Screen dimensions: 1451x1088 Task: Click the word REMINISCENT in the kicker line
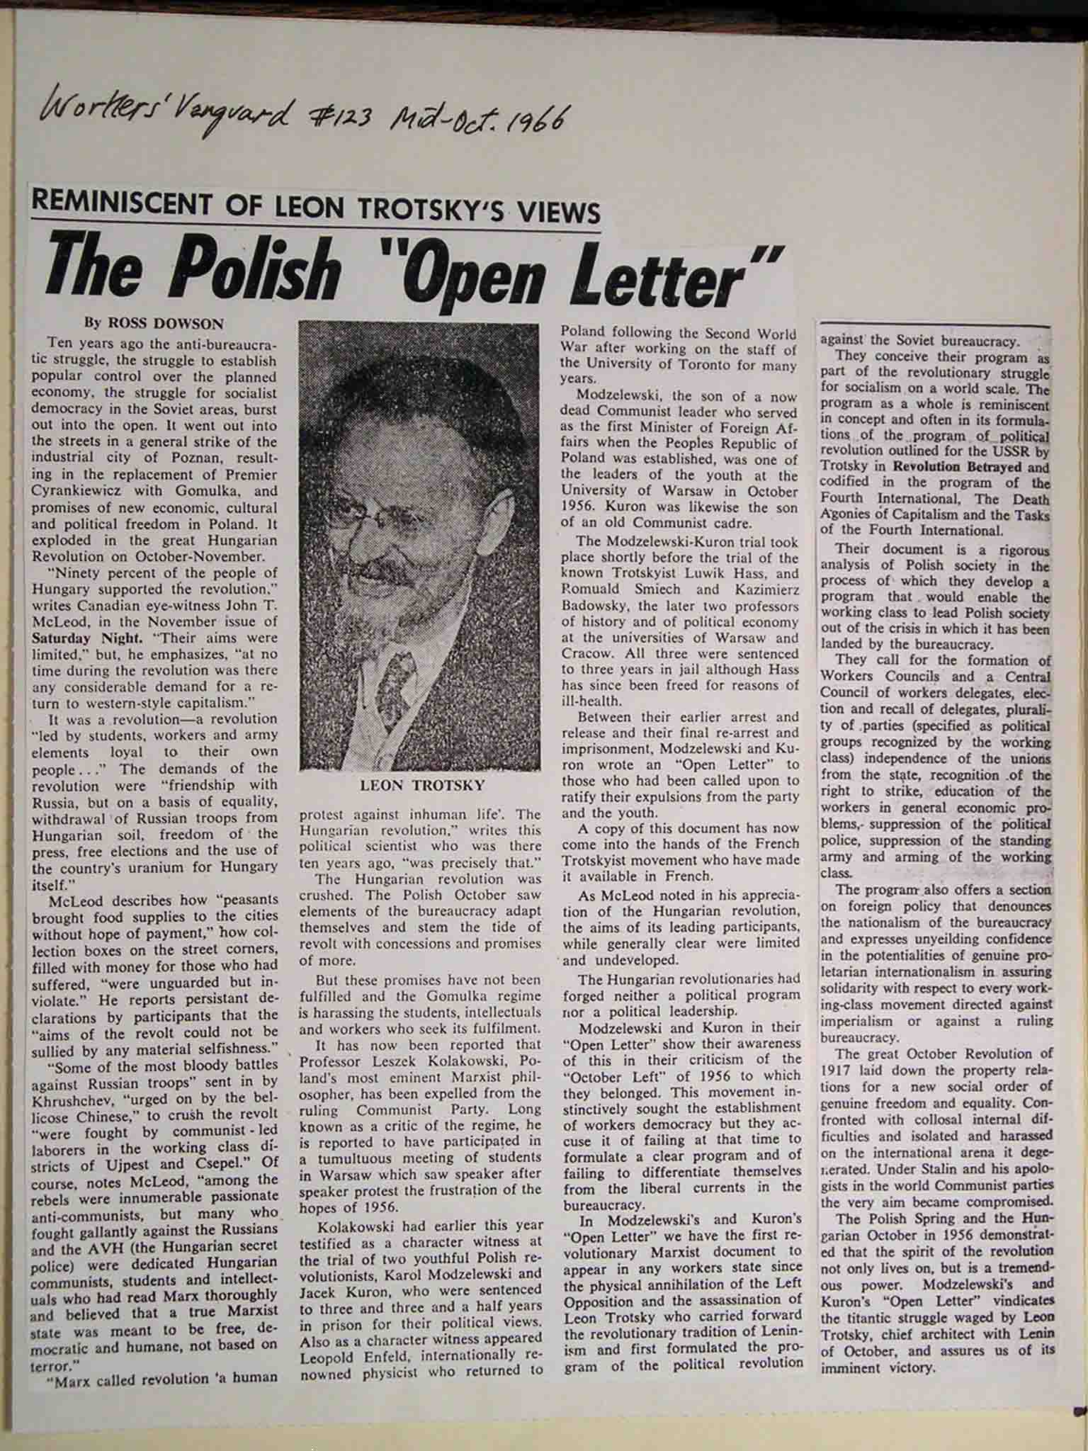click(123, 202)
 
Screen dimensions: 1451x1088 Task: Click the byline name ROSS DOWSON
click(165, 324)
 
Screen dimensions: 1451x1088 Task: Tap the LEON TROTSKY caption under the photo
click(422, 785)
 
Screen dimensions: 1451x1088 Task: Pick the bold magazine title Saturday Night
click(79, 637)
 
